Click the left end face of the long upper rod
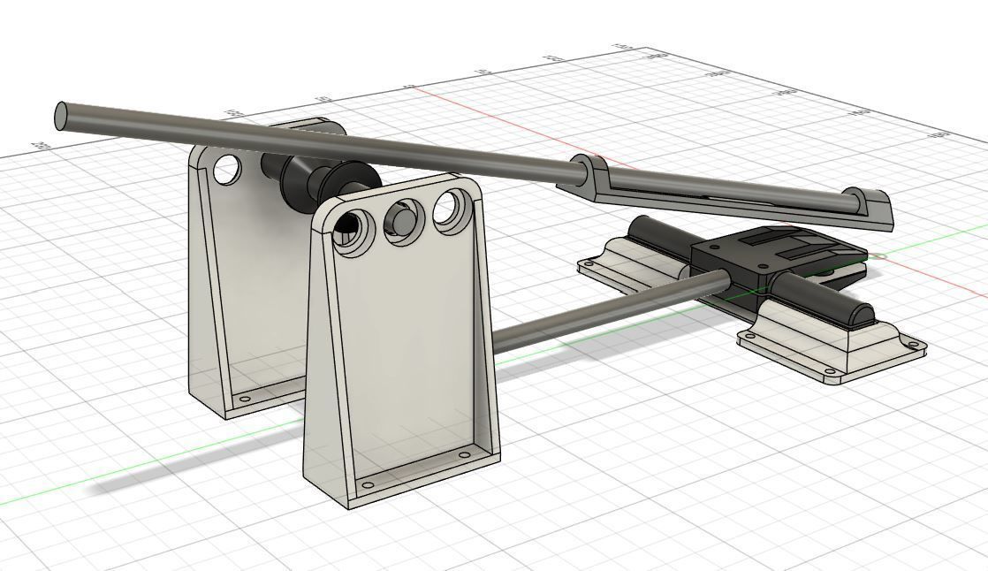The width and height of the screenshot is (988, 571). [61, 116]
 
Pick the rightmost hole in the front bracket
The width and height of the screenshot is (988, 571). [452, 209]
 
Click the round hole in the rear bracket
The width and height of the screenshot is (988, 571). [226, 169]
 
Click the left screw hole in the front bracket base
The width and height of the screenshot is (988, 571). [369, 484]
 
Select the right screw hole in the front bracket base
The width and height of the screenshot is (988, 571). [465, 455]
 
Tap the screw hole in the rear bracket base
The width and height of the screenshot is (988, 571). [246, 400]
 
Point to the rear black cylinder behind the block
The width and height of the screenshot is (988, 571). [658, 237]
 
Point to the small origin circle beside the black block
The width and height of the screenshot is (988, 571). [878, 257]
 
